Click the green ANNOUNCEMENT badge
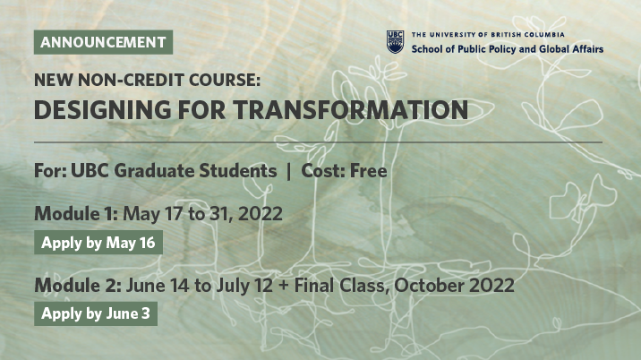click(103, 42)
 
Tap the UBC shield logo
click(396, 42)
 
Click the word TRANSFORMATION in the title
click(351, 109)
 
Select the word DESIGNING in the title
click(102, 109)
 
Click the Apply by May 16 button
click(98, 243)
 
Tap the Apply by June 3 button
click(96, 313)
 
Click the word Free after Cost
click(369, 170)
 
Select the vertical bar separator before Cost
click(289, 171)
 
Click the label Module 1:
click(76, 213)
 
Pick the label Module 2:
click(78, 285)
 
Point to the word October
click(429, 285)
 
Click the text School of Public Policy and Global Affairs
click(508, 49)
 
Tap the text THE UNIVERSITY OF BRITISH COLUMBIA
click(488, 35)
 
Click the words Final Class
click(339, 285)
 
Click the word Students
click(238, 170)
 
